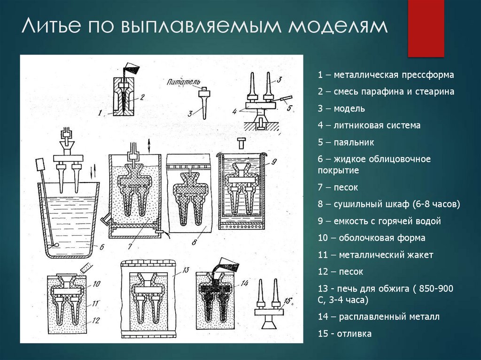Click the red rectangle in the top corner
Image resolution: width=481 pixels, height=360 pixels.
point(426,28)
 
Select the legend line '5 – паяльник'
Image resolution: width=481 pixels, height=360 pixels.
point(346,142)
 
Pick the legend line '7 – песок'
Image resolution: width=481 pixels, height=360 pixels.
point(338,188)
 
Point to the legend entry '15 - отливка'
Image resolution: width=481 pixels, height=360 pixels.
point(344,334)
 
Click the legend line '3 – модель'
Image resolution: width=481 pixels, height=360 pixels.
point(341,109)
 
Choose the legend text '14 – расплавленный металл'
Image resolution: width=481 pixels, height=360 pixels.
point(378,317)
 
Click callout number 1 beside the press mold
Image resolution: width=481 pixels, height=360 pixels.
point(100,113)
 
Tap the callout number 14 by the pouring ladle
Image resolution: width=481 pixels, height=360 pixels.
point(244,283)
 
